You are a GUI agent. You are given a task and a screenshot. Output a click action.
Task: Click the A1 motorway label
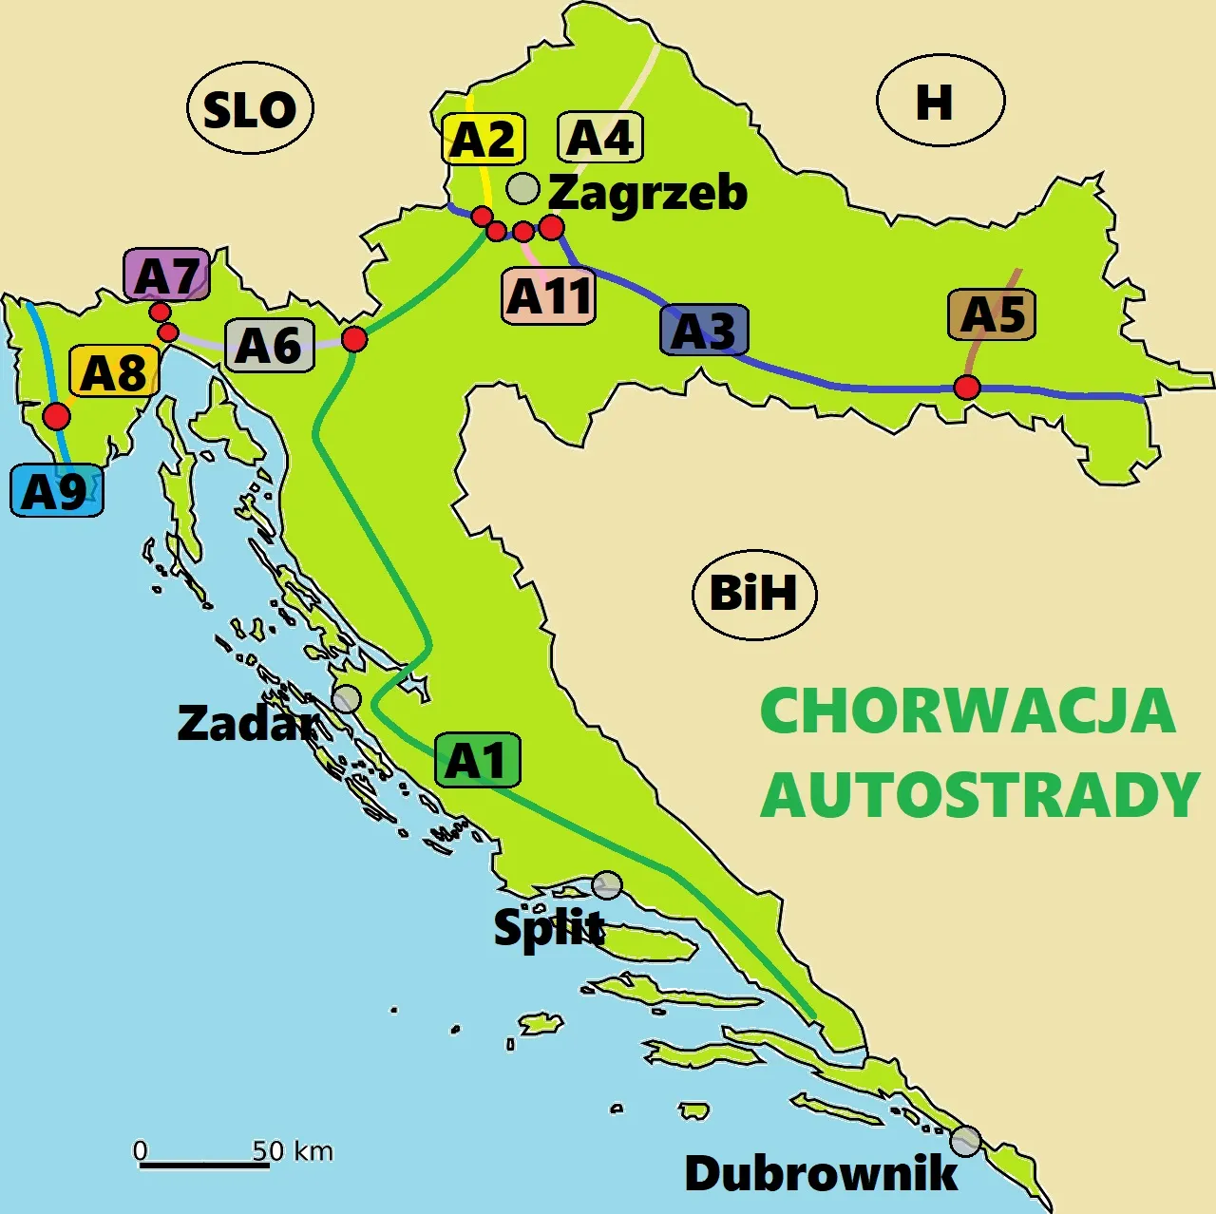[477, 760]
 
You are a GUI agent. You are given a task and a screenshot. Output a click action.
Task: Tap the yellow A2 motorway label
[483, 140]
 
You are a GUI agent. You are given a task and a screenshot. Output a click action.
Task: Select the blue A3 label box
[704, 331]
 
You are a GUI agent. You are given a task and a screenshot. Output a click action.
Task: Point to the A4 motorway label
[599, 138]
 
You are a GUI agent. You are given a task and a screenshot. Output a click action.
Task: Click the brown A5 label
[992, 315]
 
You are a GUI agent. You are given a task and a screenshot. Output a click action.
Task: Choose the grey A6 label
[269, 345]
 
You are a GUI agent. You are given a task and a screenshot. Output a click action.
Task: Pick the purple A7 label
[166, 276]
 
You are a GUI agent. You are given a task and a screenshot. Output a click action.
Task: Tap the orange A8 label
[113, 371]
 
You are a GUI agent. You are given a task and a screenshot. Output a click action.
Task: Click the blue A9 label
[56, 491]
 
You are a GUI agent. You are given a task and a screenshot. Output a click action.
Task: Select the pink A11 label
[549, 296]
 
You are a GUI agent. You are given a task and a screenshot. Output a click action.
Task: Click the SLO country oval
[251, 109]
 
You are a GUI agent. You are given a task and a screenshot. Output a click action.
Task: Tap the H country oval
[940, 101]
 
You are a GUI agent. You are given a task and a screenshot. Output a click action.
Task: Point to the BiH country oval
[754, 594]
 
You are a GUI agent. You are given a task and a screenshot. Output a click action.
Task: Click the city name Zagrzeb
[648, 193]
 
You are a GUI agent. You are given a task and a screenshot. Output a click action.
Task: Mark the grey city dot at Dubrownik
[965, 1141]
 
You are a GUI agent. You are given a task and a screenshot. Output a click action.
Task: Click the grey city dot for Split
[607, 885]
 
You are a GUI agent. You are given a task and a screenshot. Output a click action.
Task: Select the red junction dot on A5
[967, 388]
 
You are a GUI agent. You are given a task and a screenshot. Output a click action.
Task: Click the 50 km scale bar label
[293, 1151]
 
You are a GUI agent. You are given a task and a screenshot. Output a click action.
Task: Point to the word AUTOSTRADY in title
[980, 795]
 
